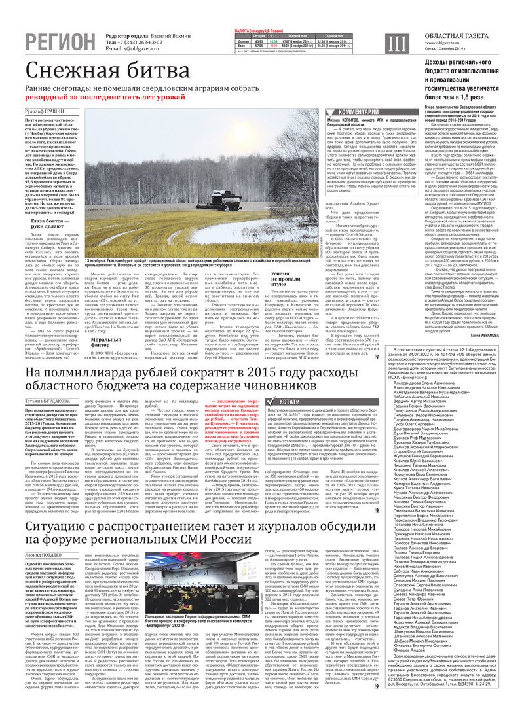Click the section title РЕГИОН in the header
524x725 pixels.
(x=60, y=42)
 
